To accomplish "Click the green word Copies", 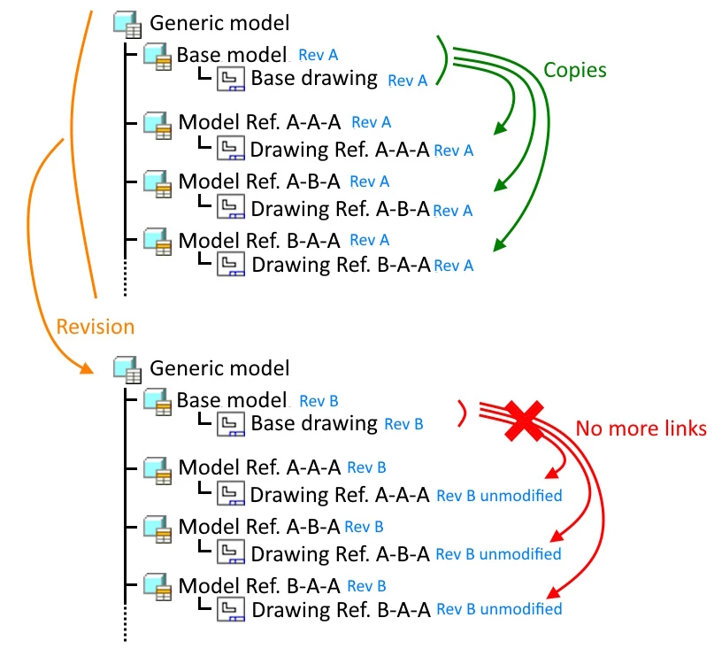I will [574, 70].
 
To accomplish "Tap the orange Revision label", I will [95, 327].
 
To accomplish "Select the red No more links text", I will [641, 429].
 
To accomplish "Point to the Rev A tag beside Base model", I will [319, 55].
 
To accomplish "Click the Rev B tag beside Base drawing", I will [403, 424].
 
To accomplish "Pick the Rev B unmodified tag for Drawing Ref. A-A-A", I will [499, 495].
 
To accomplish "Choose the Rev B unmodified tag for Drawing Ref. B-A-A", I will [499, 609].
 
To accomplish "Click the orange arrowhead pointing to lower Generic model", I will [87, 367].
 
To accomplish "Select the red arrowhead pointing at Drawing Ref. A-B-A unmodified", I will [557, 536].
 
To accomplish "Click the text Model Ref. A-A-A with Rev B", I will [259, 467].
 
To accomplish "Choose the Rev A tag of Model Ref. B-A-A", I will [370, 240].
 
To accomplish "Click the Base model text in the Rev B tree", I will [232, 400].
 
